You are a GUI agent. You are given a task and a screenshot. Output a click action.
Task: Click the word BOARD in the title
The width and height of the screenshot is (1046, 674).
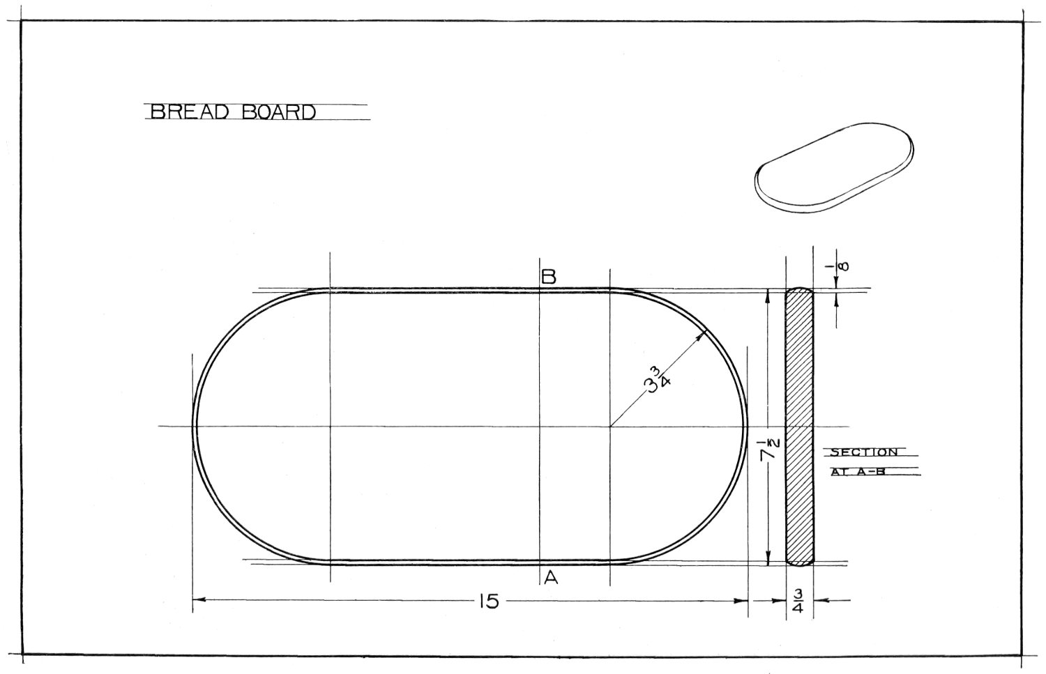(279, 112)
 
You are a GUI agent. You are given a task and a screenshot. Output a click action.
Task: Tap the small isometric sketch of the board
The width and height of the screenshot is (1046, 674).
(834, 168)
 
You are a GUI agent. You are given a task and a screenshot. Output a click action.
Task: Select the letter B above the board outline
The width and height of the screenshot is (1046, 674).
(548, 277)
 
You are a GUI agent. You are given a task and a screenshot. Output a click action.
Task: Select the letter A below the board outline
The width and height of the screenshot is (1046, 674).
(551, 579)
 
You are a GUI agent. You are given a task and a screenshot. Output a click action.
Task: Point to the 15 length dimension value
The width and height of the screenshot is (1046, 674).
(488, 602)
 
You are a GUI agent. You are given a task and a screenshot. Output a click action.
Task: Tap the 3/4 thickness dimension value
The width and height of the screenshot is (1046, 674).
(798, 602)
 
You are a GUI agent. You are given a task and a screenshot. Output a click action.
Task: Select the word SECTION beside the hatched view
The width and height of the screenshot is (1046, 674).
(865, 452)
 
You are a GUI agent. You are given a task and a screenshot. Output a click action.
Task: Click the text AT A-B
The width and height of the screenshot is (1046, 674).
(858, 472)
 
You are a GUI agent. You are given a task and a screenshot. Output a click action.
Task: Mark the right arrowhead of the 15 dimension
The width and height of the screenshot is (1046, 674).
(741, 601)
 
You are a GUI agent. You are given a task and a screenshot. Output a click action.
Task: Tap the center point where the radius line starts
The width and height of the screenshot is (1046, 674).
(610, 426)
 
